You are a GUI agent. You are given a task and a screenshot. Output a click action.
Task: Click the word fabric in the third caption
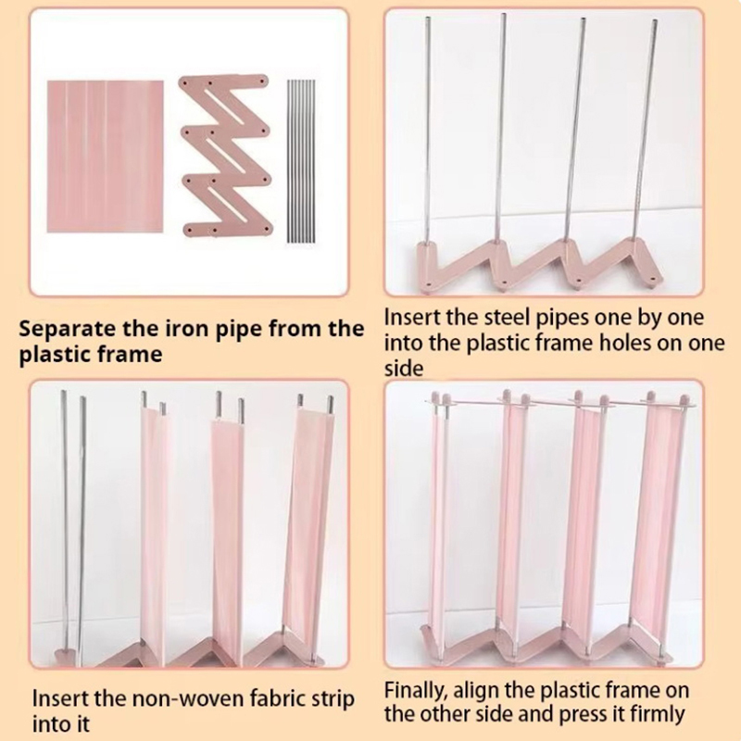click(x=272, y=698)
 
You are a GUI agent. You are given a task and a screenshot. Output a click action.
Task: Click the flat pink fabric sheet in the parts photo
click(x=106, y=157)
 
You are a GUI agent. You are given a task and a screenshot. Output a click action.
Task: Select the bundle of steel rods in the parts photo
click(x=301, y=161)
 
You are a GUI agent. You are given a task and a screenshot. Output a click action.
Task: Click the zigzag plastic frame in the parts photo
click(x=224, y=156)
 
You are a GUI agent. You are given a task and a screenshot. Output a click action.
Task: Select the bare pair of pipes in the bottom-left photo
click(x=73, y=520)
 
